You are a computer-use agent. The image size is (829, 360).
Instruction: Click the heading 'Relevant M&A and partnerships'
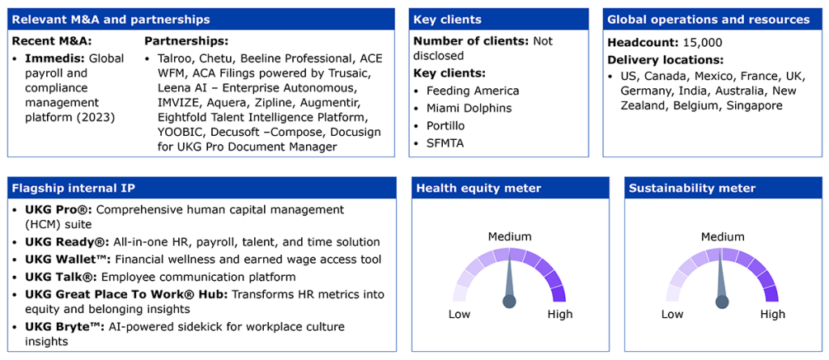[x=110, y=20]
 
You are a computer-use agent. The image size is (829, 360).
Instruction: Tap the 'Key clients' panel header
[x=447, y=20]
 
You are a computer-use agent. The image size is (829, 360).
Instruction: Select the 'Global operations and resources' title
[x=708, y=20]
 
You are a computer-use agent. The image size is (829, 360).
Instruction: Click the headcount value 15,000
[x=697, y=43]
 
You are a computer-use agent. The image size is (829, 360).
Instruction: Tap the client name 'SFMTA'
[x=445, y=143]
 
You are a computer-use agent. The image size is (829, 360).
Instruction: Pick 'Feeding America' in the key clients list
[x=473, y=91]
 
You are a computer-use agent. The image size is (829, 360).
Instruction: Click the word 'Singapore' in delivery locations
[x=755, y=105]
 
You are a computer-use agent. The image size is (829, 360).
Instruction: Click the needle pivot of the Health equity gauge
[x=509, y=301]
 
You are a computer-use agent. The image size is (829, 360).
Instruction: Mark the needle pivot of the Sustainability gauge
[x=721, y=302]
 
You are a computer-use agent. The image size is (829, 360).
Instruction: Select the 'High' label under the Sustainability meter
[x=773, y=315]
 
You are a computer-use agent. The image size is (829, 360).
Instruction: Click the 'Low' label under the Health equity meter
[x=460, y=315]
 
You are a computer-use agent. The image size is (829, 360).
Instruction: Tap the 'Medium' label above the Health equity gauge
[x=510, y=236]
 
